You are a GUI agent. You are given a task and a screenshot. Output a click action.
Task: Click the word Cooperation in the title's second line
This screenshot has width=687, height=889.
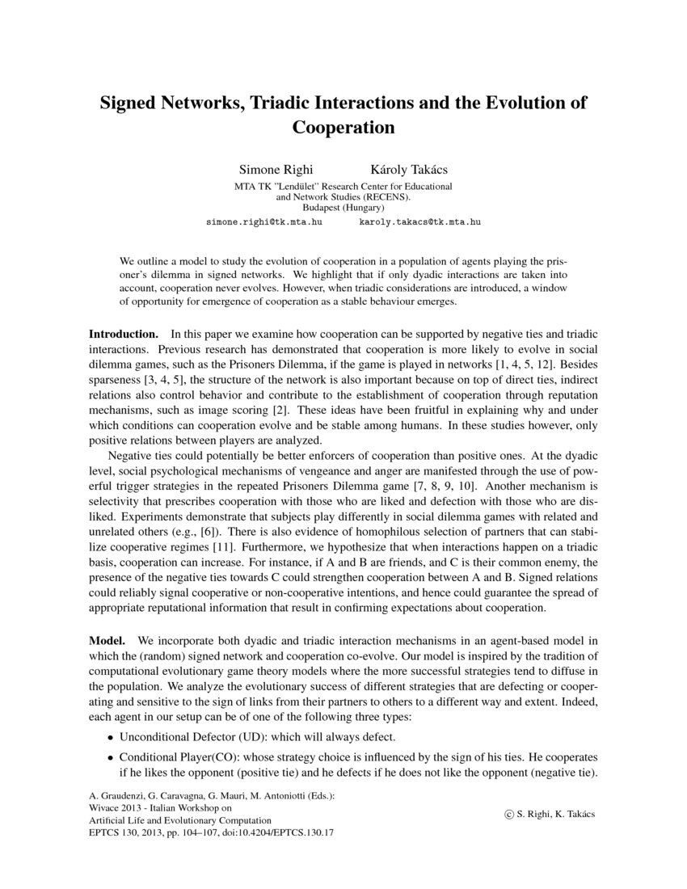pyautogui.click(x=343, y=128)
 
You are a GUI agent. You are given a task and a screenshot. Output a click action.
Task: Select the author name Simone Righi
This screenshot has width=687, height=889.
pyautogui.click(x=276, y=171)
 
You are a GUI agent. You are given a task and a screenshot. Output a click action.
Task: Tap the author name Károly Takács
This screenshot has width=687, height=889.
pyautogui.click(x=407, y=171)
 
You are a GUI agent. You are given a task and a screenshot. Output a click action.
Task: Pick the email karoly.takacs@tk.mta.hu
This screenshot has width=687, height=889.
pyautogui.click(x=419, y=220)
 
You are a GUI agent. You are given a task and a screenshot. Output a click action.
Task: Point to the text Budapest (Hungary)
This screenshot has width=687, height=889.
pyautogui.click(x=343, y=206)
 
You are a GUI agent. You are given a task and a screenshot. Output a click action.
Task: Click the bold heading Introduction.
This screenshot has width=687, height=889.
pyautogui.click(x=123, y=334)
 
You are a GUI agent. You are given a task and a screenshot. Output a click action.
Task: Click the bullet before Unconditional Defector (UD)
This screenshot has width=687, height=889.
pyautogui.click(x=111, y=738)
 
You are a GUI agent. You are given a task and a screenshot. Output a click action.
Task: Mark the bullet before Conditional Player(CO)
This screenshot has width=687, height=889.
pyautogui.click(x=111, y=759)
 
